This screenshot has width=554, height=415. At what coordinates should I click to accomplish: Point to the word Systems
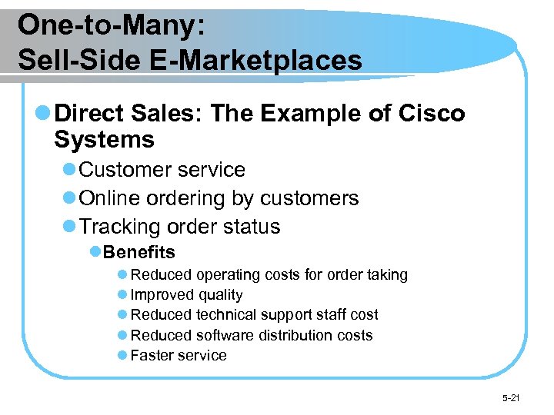(x=105, y=140)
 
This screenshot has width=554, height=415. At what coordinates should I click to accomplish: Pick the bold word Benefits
(x=139, y=252)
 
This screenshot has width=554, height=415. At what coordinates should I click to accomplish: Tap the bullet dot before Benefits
(x=95, y=252)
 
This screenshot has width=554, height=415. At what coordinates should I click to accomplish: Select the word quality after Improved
(x=220, y=295)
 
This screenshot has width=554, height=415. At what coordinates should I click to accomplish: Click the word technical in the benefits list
(x=229, y=315)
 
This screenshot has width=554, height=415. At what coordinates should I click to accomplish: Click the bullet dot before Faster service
(x=122, y=356)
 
